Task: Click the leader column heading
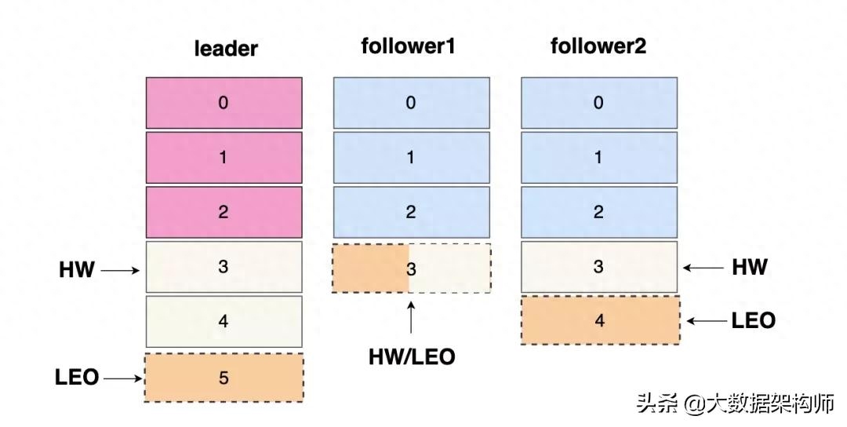click(x=226, y=49)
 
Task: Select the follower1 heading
click(x=408, y=46)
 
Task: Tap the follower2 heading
click(x=598, y=46)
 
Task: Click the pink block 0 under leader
click(x=224, y=103)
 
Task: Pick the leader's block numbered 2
click(x=224, y=213)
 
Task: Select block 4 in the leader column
click(x=224, y=322)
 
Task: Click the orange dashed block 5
click(x=224, y=378)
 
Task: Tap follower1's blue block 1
click(x=411, y=158)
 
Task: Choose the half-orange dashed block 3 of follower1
click(x=411, y=268)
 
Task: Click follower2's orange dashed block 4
click(x=599, y=320)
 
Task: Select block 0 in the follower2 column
click(x=599, y=103)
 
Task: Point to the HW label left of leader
click(x=77, y=270)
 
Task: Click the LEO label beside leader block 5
click(x=77, y=378)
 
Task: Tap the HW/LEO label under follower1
click(x=412, y=356)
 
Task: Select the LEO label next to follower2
click(x=753, y=320)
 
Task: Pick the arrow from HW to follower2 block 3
click(x=703, y=268)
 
